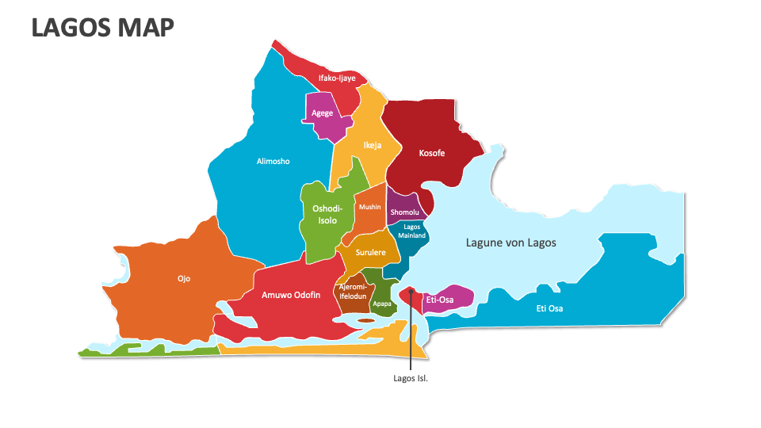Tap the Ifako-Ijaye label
(x=337, y=78)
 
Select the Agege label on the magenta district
(x=322, y=113)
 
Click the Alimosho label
(x=273, y=162)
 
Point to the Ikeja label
(x=372, y=146)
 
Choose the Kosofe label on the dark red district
(x=432, y=152)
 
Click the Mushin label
(x=369, y=207)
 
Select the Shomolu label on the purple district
(x=404, y=212)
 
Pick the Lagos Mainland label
(x=411, y=231)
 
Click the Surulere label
(x=370, y=253)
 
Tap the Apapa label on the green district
(x=381, y=304)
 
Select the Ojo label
(x=184, y=279)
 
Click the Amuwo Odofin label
(x=291, y=295)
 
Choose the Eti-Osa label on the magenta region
(x=439, y=300)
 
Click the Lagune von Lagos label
(x=511, y=243)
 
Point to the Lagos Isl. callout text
(x=411, y=378)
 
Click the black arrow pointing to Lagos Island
(x=411, y=333)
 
